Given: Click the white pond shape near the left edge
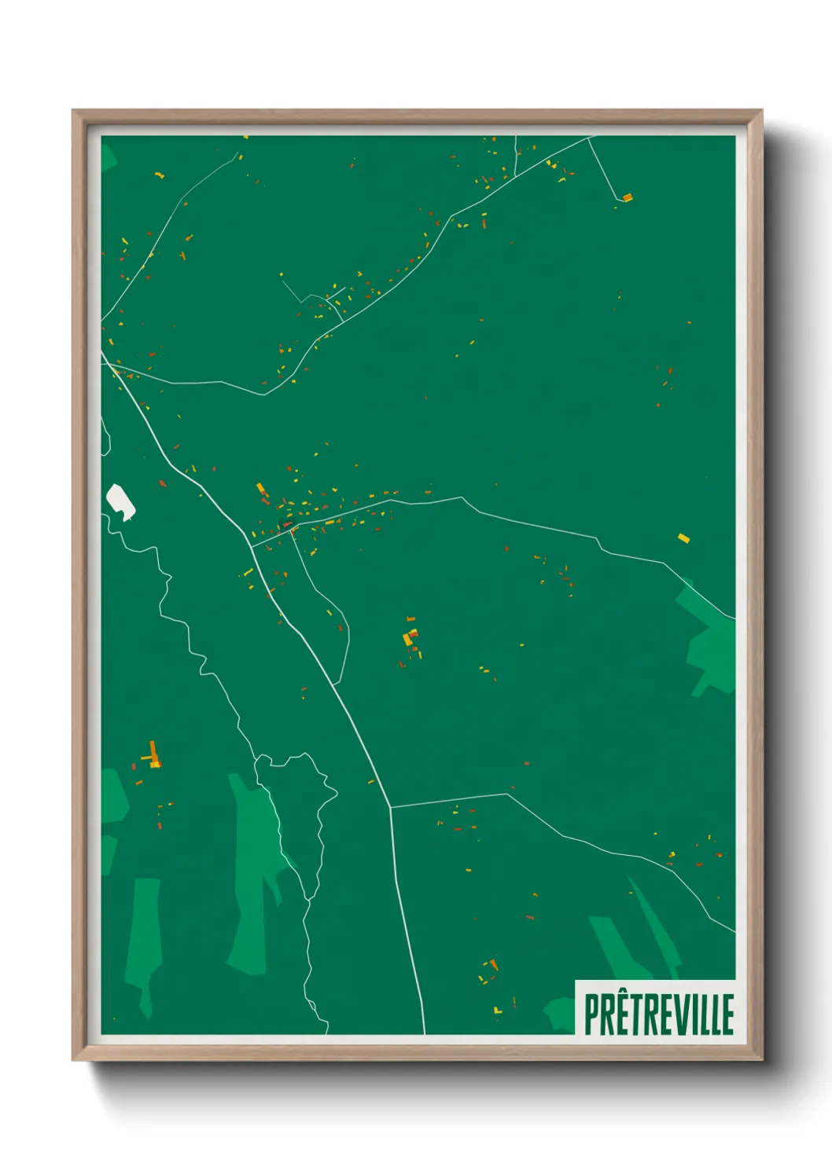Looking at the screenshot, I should [120, 501].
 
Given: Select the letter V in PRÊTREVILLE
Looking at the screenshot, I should [680, 1014].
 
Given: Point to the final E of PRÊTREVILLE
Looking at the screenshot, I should [728, 1014].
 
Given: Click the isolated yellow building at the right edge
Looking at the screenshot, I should [683, 538].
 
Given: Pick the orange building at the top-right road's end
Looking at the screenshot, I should [627, 197].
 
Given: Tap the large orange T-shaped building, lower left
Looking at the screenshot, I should [153, 754].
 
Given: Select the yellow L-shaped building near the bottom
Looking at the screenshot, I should [497, 1011].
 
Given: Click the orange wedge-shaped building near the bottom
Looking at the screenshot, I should [494, 963].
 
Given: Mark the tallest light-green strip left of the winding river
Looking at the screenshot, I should [252, 872].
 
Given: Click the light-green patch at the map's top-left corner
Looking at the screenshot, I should [108, 156].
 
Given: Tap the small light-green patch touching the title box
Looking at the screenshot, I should [561, 1014].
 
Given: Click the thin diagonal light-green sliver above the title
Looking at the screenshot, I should [653, 919].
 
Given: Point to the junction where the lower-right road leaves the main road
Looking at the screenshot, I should [390, 807].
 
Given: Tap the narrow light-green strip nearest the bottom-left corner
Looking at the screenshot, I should [143, 943].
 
